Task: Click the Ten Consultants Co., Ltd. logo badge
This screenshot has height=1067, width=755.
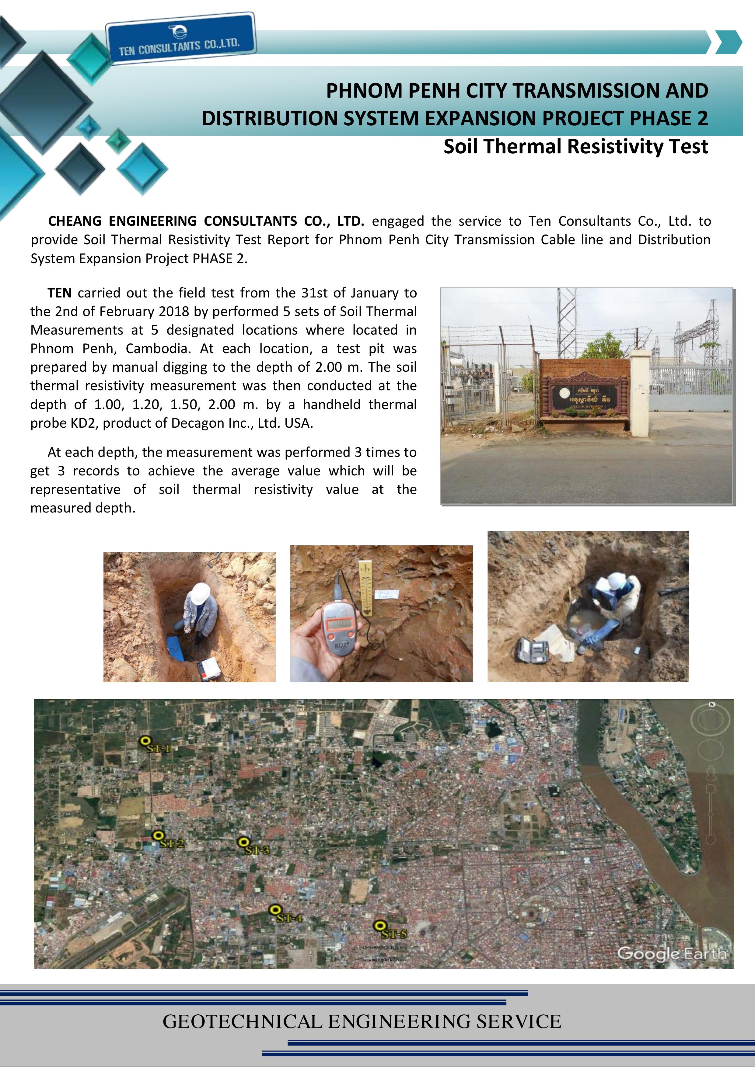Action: coord(180,39)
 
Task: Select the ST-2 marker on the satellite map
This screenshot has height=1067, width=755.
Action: coord(158,835)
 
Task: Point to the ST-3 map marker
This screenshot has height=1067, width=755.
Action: coord(243,842)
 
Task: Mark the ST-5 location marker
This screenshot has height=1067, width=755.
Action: coord(380,926)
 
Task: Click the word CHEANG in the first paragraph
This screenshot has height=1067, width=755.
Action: coord(74,221)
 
